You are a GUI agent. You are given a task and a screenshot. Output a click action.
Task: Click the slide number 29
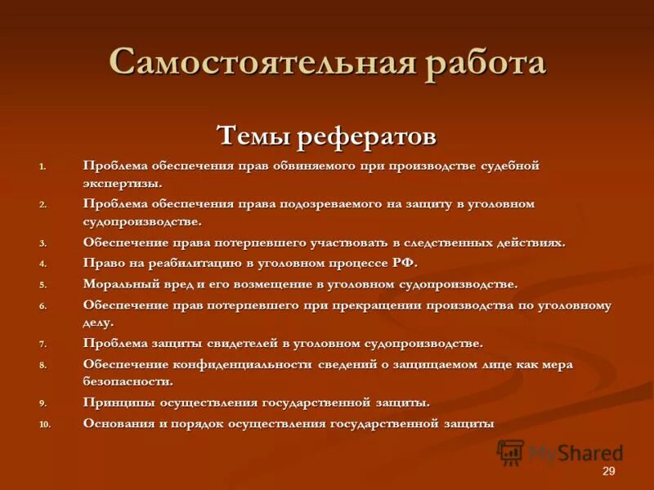[x=608, y=472]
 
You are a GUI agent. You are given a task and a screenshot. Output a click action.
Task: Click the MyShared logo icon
[x=510, y=452]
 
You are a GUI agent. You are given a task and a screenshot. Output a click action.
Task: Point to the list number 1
[x=43, y=166]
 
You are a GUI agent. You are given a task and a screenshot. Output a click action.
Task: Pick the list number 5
[x=43, y=285]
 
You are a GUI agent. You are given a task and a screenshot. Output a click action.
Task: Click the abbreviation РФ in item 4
[x=402, y=263]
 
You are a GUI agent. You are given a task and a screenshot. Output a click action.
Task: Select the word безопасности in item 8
[x=126, y=381]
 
